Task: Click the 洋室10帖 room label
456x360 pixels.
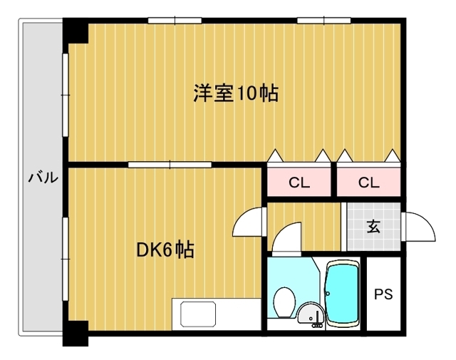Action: click(236, 93)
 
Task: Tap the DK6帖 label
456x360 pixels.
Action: click(165, 250)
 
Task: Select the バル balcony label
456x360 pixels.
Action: click(43, 178)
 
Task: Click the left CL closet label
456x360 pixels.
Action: click(299, 182)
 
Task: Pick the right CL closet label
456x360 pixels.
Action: click(369, 182)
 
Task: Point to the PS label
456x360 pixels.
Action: click(383, 294)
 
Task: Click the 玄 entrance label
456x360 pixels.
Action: click(373, 227)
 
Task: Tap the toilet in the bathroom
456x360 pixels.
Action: click(284, 302)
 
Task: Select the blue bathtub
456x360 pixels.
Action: click(342, 294)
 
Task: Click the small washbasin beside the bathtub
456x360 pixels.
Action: click(311, 314)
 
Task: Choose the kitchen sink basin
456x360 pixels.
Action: click(198, 314)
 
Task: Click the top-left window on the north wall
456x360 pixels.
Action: click(175, 21)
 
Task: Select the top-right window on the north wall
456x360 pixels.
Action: click(323, 21)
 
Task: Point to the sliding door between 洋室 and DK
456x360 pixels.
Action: click(170, 165)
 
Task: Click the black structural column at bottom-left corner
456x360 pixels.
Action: click(76, 333)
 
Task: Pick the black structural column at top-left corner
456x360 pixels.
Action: click(76, 31)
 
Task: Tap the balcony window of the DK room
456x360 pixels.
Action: click(66, 259)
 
